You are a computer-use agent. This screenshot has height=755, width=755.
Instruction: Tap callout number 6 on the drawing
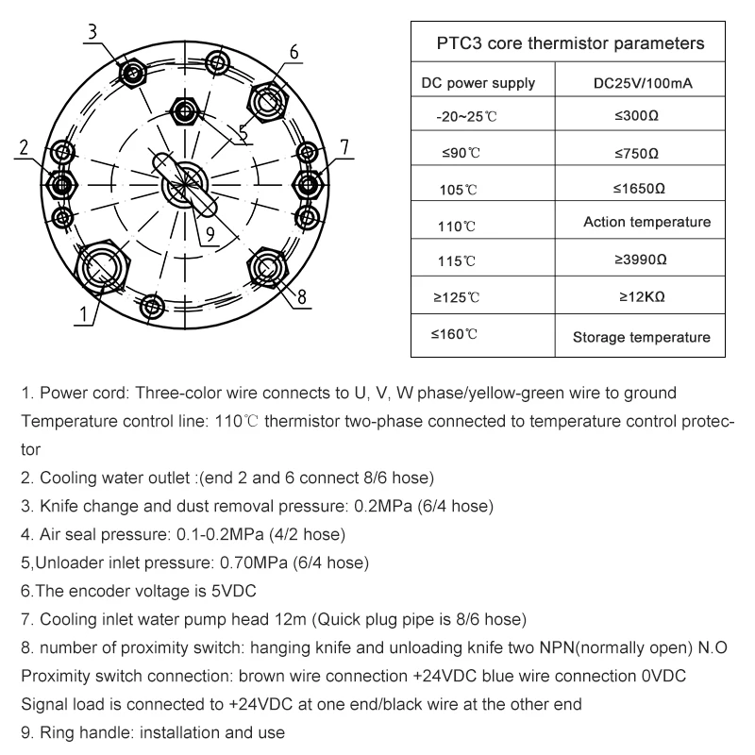tap(295, 53)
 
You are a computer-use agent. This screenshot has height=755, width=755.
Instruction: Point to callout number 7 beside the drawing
tap(344, 147)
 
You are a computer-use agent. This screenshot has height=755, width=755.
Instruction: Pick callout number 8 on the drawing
tap(302, 296)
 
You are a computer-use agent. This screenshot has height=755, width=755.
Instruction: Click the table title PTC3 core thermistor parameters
tap(570, 43)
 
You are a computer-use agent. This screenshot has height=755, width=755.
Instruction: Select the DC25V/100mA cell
tap(643, 83)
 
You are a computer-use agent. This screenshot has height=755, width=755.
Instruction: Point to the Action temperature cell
tap(646, 223)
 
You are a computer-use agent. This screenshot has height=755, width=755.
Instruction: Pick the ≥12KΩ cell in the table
tap(642, 296)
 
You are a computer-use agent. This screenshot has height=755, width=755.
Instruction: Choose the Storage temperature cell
tap(642, 337)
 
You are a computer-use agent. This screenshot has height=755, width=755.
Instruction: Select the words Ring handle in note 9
tap(84, 732)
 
